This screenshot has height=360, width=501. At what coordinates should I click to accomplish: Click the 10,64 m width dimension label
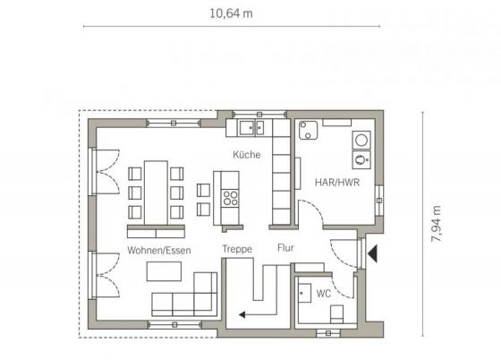pyautogui.click(x=231, y=13)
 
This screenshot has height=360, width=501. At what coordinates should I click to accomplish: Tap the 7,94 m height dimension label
pyautogui.click(x=436, y=224)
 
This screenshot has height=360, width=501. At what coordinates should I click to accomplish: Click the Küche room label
pyautogui.click(x=246, y=154)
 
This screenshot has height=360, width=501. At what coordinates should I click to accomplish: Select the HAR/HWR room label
pyautogui.click(x=337, y=182)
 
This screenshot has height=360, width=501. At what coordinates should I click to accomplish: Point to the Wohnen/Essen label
pyautogui.click(x=159, y=250)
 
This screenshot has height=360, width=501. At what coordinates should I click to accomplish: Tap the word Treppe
pyautogui.click(x=237, y=249)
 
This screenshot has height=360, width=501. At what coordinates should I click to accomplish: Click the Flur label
pyautogui.click(x=285, y=247)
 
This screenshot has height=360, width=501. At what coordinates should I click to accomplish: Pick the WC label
pyautogui.click(x=323, y=294)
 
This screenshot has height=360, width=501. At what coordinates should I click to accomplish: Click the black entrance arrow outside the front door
pyautogui.click(x=372, y=253)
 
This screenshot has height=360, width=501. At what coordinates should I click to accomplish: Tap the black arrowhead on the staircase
pyautogui.click(x=242, y=314)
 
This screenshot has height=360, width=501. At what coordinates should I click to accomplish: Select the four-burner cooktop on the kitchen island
pyautogui.click(x=231, y=198)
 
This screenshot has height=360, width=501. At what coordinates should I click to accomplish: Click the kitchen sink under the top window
pyautogui.click(x=251, y=128)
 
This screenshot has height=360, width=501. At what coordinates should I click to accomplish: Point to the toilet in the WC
pyautogui.click(x=336, y=313)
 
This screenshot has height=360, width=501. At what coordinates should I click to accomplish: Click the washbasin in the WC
pyautogui.click(x=304, y=293)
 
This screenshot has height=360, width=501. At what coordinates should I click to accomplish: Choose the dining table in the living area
pyautogui.click(x=156, y=193)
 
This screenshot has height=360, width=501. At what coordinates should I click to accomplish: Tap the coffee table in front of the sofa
pyautogui.click(x=164, y=271)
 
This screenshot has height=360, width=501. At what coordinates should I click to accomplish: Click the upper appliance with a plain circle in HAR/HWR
pyautogui.click(x=361, y=140)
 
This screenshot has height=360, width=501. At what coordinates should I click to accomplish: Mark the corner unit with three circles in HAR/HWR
pyautogui.click(x=308, y=130)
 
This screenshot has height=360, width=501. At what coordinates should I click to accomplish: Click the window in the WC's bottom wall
pyautogui.click(x=328, y=333)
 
